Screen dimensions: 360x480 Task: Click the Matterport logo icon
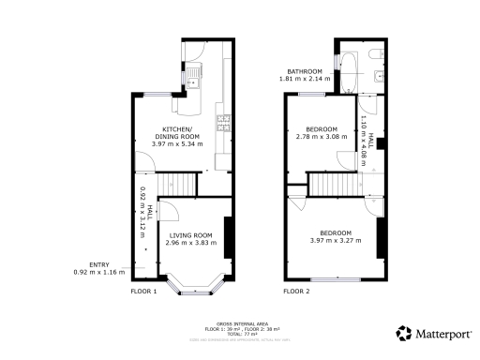[403, 333]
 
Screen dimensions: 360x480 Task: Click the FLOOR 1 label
[143, 292]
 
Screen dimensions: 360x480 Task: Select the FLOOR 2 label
[296, 292]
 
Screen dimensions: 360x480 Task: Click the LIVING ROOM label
[190, 234]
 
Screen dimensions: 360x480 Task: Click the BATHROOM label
[305, 72]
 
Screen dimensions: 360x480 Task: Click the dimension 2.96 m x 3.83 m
[190, 243]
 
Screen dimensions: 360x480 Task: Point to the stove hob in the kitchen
[223, 121]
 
